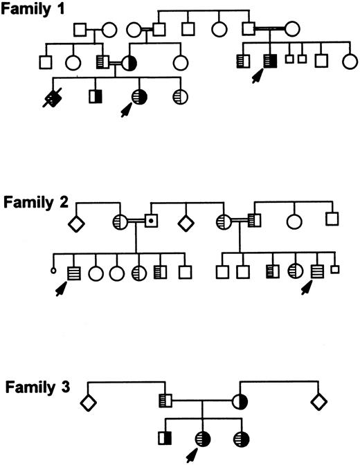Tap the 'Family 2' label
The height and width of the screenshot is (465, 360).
[x=31, y=203]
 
